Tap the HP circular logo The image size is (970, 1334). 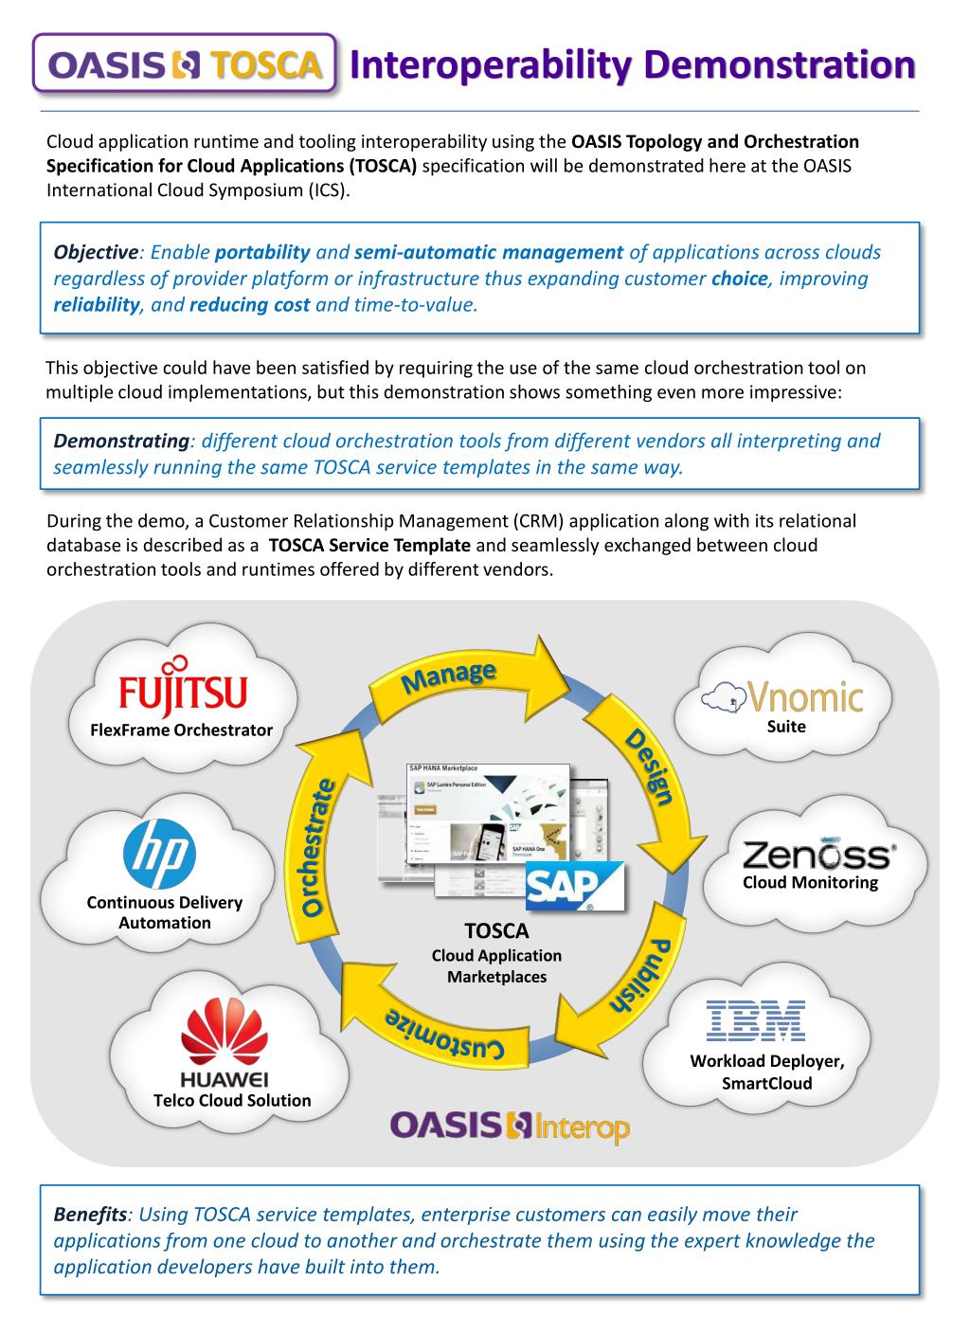coord(159,850)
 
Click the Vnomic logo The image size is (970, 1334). coord(782,698)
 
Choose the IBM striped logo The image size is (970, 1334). coord(755,1020)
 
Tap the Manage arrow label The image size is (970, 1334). coord(450,676)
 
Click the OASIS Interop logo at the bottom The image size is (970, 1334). coord(509,1127)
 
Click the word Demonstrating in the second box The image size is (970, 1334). coord(121,442)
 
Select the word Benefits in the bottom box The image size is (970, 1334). coord(90,1215)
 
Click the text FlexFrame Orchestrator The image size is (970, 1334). coord(174,730)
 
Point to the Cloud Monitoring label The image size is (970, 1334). coord(810,883)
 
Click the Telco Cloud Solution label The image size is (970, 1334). coord(232,1101)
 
